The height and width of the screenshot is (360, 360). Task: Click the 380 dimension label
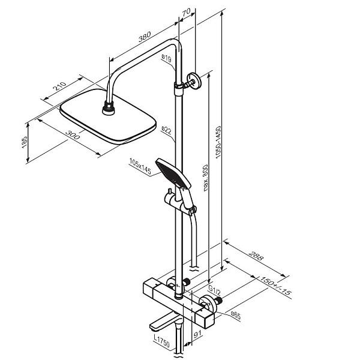coord(145,37)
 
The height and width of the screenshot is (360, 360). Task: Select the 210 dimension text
coord(59,86)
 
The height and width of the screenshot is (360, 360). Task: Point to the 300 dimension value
coord(73,135)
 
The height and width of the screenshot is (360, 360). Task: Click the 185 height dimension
coord(25,142)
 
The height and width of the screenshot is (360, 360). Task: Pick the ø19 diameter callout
coord(166,58)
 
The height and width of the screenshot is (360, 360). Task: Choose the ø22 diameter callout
coord(166,130)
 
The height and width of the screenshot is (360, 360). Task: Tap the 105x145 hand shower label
coord(140,166)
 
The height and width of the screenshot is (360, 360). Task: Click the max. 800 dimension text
coord(205,178)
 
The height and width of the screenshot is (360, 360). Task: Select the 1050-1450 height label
coord(218,142)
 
